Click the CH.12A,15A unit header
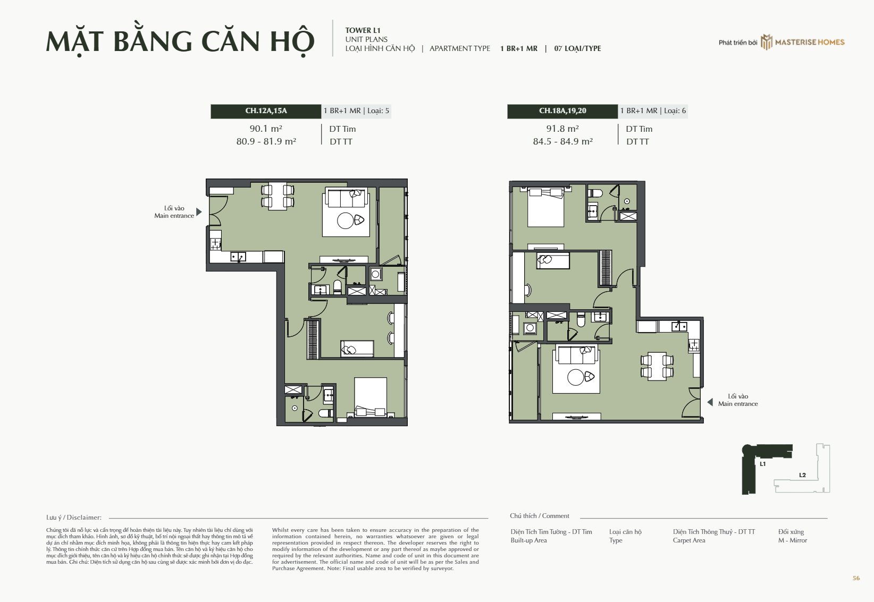pyautogui.click(x=266, y=111)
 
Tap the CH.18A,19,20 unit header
pyautogui.click(x=562, y=111)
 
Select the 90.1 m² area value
pyautogui.click(x=266, y=128)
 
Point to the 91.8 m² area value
pyautogui.click(x=562, y=128)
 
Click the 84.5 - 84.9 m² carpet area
pyautogui.click(x=562, y=141)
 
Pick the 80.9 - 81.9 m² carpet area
pyautogui.click(x=266, y=141)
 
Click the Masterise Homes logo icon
pyautogui.click(x=766, y=42)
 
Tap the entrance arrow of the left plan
pyautogui.click(x=199, y=212)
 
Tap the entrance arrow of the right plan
pyautogui.click(x=710, y=402)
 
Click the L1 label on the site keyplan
pyautogui.click(x=762, y=464)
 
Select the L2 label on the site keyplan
pyautogui.click(x=802, y=475)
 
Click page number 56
pyautogui.click(x=856, y=578)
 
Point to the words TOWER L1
pyautogui.click(x=363, y=30)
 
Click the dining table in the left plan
pyautogui.click(x=278, y=196)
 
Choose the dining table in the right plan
pyautogui.click(x=657, y=366)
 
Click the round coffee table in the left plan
pyautogui.click(x=346, y=221)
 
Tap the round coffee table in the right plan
pyautogui.click(x=576, y=377)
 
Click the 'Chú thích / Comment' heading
pyautogui.click(x=539, y=516)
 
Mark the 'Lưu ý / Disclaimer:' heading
pyautogui.click(x=74, y=518)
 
